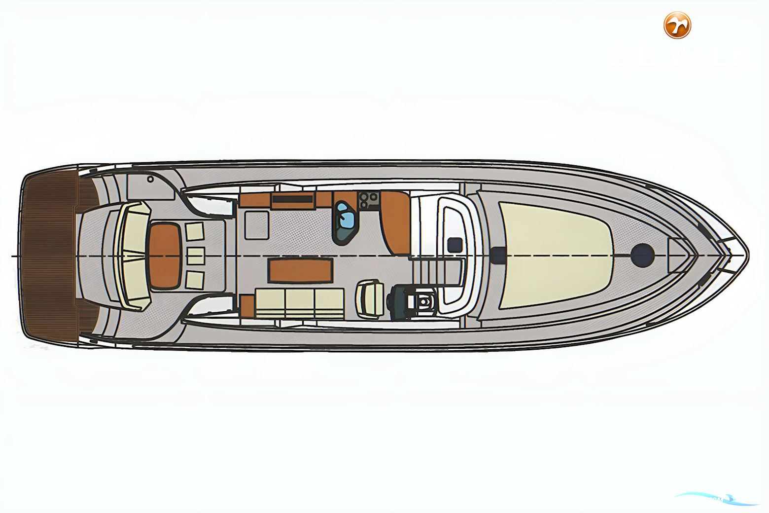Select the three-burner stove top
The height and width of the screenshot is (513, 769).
368,199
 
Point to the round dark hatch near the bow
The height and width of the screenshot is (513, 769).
642,254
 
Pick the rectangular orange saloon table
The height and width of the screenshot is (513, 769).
301,271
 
